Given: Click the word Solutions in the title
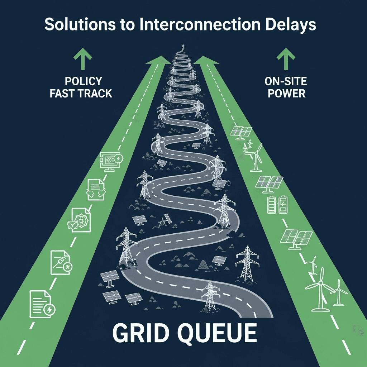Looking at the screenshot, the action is click(80, 24).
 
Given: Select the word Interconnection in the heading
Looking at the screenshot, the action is click(200, 24).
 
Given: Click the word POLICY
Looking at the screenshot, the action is click(83, 81).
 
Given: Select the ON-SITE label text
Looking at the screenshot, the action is click(286, 81).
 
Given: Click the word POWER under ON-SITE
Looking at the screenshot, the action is click(286, 94).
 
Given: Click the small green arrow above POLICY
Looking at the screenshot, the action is click(83, 59).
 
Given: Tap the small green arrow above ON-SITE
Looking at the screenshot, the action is click(286, 59).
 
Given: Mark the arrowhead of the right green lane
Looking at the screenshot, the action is click(206, 60).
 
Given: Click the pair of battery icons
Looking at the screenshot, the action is click(278, 205).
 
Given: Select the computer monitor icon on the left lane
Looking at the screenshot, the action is click(110, 162).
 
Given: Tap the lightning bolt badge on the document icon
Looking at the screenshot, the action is click(49, 310).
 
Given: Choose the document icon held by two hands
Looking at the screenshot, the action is click(96, 190).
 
